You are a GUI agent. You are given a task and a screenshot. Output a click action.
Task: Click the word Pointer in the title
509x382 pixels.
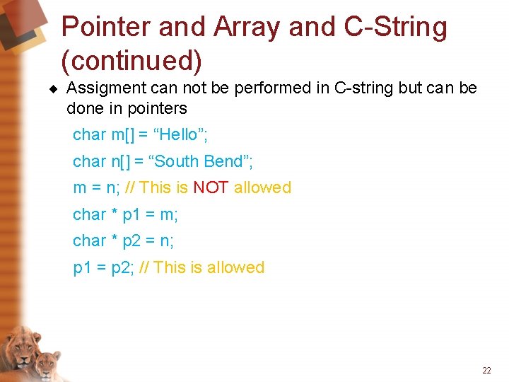[106, 28]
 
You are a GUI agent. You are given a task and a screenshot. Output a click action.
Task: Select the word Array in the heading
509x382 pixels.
[239, 28]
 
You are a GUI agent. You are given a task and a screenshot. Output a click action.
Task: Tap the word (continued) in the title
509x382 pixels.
[131, 62]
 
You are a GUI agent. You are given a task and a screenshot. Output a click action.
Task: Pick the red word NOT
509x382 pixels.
[210, 187]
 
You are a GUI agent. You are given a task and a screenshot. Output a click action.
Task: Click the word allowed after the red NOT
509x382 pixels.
[262, 187]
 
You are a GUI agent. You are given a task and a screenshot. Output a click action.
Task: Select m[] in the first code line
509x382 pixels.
[124, 134]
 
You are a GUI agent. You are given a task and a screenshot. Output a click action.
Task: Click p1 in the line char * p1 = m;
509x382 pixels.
[131, 215]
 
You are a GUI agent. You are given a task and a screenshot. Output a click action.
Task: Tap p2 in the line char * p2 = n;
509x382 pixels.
[131, 241]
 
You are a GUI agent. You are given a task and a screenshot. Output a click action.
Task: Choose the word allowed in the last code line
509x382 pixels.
[235, 267]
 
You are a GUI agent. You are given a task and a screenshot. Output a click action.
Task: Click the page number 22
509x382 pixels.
[486, 370]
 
